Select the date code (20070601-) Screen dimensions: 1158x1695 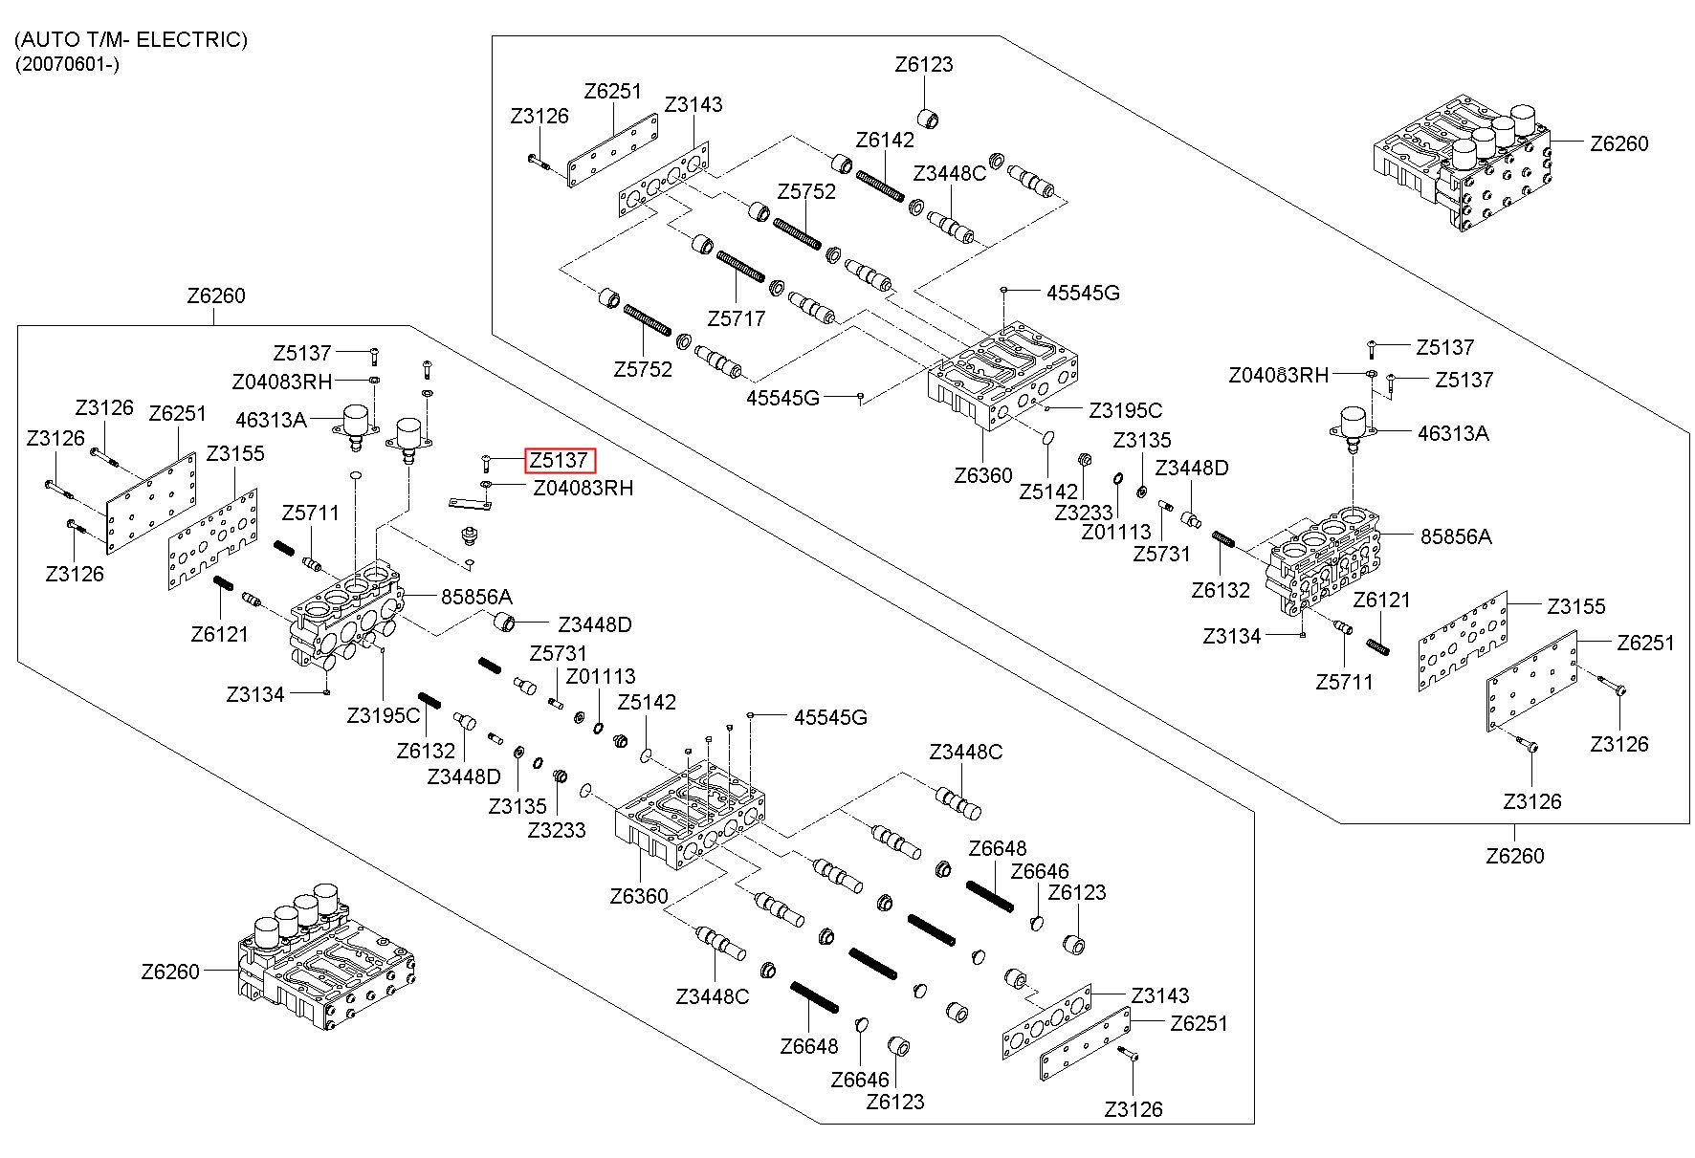[67, 64]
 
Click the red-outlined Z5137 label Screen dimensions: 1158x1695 [560, 460]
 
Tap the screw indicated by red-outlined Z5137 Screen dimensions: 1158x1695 [486, 465]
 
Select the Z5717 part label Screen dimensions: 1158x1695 [736, 318]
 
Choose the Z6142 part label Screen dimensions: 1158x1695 [885, 140]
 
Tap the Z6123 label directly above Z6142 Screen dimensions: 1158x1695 [924, 65]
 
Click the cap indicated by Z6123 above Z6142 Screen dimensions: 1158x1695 [929, 120]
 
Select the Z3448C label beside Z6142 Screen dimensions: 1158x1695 [949, 173]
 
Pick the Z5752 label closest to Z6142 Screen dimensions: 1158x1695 [806, 191]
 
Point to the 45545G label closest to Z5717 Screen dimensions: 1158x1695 [782, 398]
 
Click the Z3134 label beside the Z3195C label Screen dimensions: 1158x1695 [255, 694]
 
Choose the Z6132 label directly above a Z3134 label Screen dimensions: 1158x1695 [1221, 590]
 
